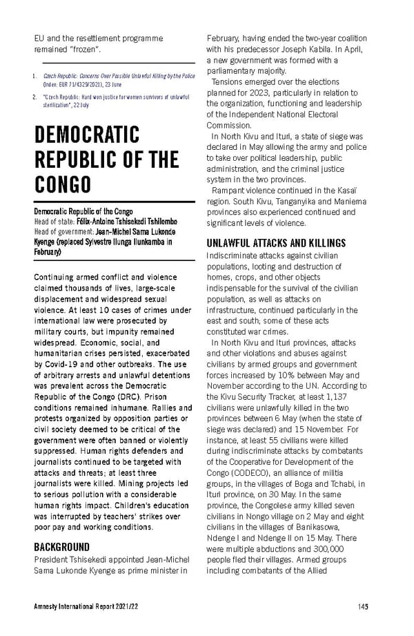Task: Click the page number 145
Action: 362,607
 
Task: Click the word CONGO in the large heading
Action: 63,184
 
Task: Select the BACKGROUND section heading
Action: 63,547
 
